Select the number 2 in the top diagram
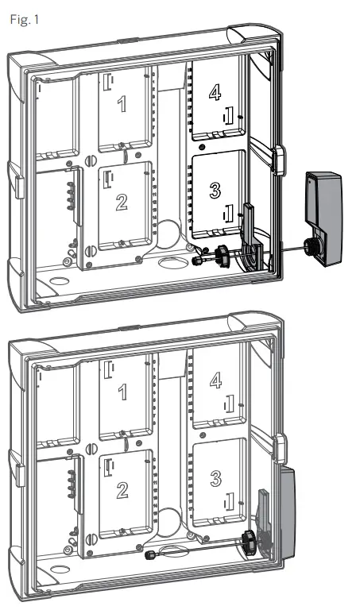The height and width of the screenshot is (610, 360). pyautogui.click(x=121, y=202)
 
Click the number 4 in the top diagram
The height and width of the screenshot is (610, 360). pyautogui.click(x=215, y=94)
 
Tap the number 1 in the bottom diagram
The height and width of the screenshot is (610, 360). pyautogui.click(x=121, y=391)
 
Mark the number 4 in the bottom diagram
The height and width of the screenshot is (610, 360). pyautogui.click(x=215, y=380)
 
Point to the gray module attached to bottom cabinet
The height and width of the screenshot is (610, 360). pyautogui.click(x=283, y=516)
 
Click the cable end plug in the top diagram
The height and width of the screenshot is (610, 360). pyautogui.click(x=197, y=261)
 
